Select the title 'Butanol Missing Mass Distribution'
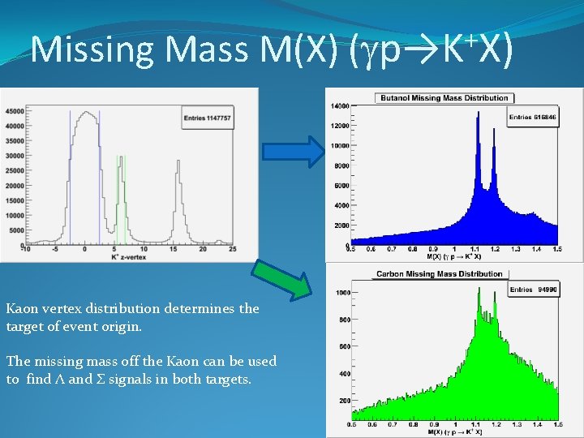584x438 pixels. point(443,98)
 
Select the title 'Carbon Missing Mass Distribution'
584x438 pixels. point(440,274)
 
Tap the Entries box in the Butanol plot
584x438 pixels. point(532,117)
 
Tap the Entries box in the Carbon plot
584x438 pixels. point(533,290)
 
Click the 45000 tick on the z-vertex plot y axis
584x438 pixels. point(13,111)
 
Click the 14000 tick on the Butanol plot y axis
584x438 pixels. point(339,106)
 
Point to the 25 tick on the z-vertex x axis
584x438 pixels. point(233,248)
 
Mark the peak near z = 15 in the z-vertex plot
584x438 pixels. point(175,161)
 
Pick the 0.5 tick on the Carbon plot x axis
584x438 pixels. point(350,424)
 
